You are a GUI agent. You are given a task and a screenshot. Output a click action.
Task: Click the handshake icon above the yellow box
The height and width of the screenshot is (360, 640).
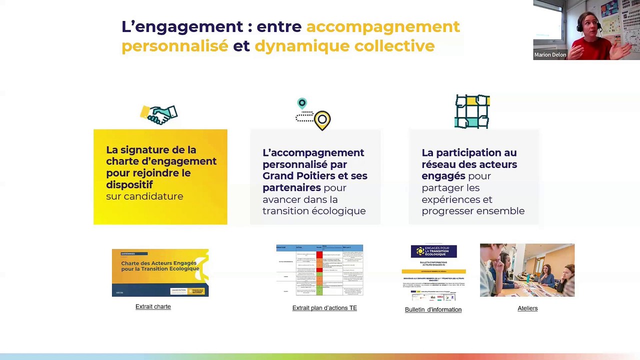pos(159,114)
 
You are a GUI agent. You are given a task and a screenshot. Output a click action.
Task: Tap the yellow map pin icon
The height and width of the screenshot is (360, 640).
pos(322,120)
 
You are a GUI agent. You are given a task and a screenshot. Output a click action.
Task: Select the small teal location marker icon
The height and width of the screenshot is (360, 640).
pos(301,103)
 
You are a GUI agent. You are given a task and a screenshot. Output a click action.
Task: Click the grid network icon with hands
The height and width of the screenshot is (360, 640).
pos(472,112)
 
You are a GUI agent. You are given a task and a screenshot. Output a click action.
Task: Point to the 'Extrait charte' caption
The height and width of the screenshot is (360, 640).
pos(153,306)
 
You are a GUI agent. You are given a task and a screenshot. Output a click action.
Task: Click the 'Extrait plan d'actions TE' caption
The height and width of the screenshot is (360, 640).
pos(324,308)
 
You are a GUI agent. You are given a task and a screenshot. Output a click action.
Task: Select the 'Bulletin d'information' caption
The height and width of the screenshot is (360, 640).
pos(433,309)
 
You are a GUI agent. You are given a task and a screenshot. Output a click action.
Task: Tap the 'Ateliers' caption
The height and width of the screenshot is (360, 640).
pos(527,308)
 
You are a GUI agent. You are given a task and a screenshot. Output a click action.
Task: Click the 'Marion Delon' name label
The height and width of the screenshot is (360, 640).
pos(550,55)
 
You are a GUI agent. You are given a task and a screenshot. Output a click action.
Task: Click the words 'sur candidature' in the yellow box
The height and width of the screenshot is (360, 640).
pos(144,196)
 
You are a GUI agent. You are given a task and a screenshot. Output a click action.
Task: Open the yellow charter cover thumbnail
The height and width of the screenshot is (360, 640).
pos(160,272)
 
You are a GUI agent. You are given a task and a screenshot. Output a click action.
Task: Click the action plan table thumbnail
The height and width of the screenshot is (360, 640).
pos(319,270)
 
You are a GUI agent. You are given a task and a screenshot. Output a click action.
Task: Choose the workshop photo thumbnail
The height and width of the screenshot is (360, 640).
pos(527,270)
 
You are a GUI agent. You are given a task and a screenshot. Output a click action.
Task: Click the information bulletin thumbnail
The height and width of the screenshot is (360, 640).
pos(433,272)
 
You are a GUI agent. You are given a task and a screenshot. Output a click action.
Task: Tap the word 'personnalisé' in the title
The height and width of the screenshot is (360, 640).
pos(174,46)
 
